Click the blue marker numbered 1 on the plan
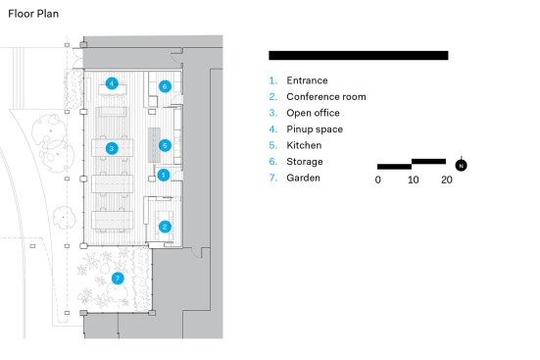pos(164,175)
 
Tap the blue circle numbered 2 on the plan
pos(165,227)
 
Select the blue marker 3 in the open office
pos(112,149)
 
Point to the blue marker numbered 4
pos(112,83)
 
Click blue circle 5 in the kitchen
pos(165,145)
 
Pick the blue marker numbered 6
pos(165,86)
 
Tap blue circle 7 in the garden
pos(118,279)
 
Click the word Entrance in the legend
pos(307,80)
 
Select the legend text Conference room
pos(326,97)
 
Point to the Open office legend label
pos(313,113)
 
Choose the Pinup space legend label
pos(315,129)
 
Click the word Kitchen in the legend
pos(304,145)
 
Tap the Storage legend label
pos(305,162)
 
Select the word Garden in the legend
pos(303,178)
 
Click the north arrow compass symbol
pos(462,165)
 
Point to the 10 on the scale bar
pos(413,180)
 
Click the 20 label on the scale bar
pos(447,180)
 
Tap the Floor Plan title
pos(33,14)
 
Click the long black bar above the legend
pos(359,56)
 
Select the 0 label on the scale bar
pos(377,180)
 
